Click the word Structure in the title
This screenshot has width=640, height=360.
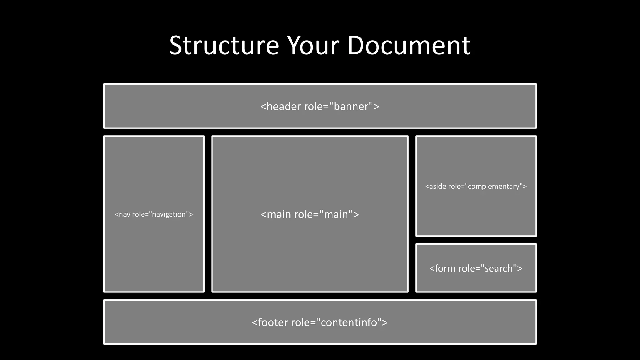(x=224, y=46)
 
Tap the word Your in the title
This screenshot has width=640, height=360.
(x=313, y=46)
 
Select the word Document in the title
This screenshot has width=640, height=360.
(x=408, y=46)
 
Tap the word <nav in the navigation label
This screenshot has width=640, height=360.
(x=123, y=214)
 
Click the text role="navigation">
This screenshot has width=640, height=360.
(x=162, y=214)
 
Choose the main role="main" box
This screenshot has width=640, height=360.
(x=310, y=250)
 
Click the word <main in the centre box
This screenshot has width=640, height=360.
(x=276, y=214)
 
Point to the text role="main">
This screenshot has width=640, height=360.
(x=327, y=214)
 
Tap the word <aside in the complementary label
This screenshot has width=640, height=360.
(x=436, y=187)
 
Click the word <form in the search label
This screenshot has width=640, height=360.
(x=442, y=268)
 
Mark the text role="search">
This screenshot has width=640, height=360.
(x=490, y=268)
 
